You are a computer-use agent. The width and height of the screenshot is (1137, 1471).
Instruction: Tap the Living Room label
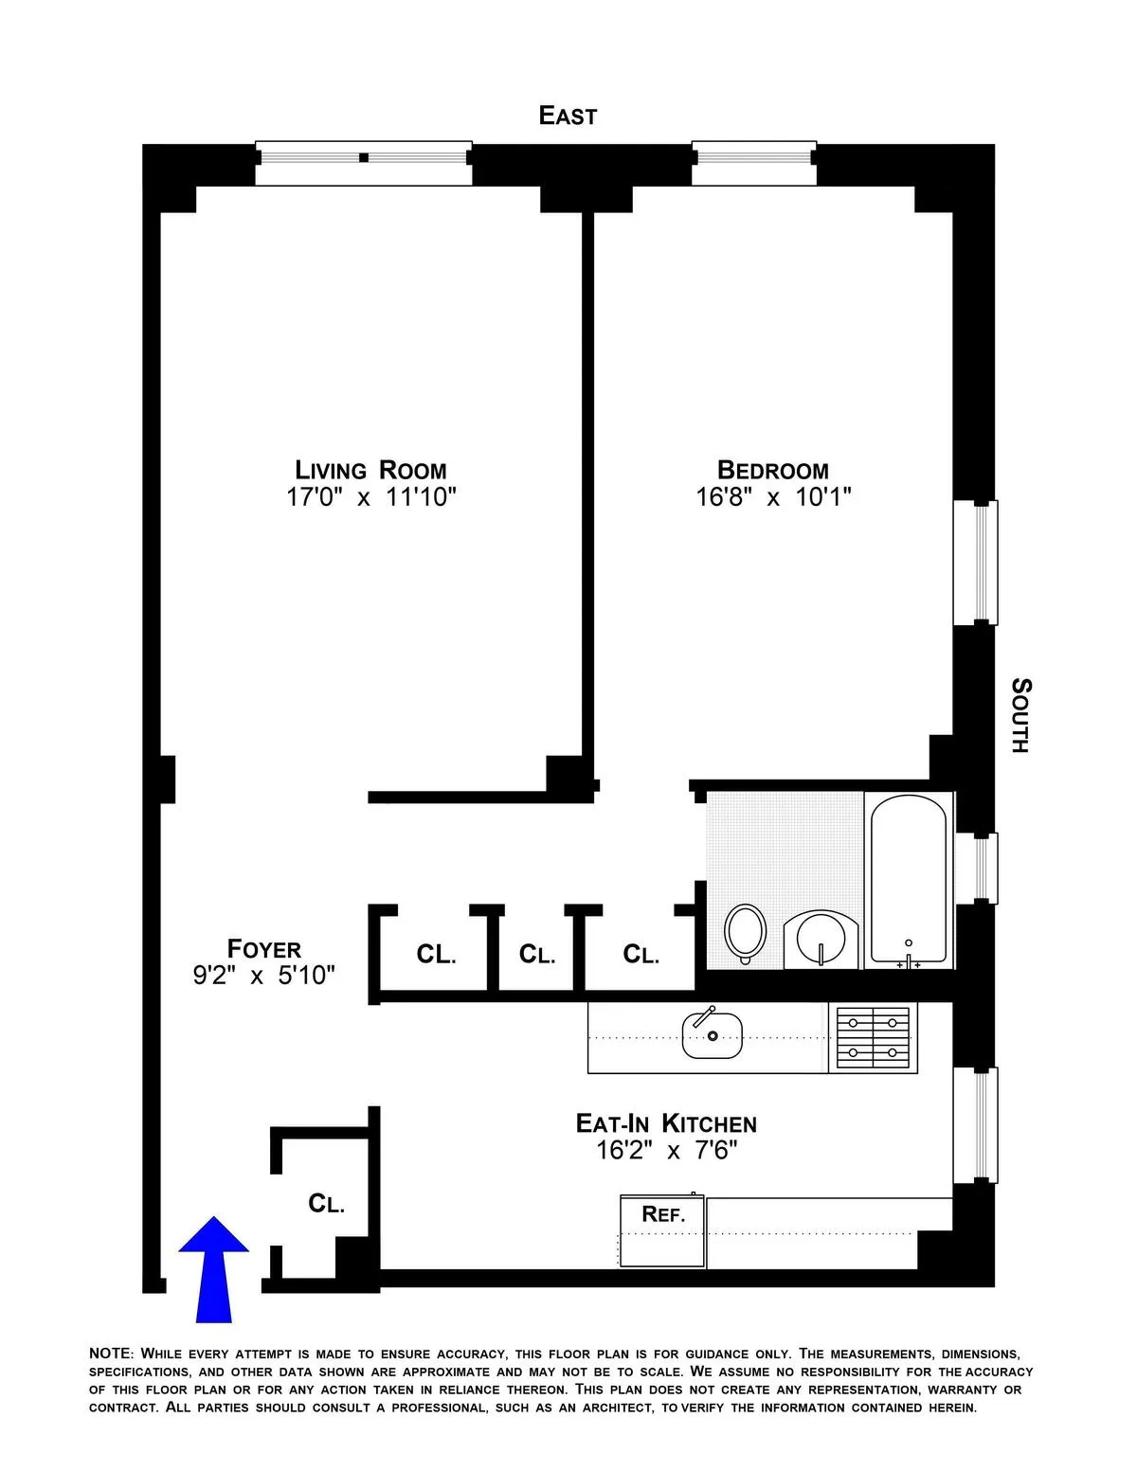[370, 470]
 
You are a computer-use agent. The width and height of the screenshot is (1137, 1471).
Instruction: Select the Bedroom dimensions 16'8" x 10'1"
[774, 497]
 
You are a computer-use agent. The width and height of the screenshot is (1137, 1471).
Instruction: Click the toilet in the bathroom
[746, 933]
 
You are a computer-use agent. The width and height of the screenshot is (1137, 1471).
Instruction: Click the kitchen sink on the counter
[712, 1034]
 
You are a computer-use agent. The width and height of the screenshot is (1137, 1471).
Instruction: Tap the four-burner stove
[873, 1038]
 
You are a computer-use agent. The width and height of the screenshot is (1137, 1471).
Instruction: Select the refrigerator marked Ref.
[662, 1229]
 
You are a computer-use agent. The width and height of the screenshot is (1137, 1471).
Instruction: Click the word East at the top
[568, 116]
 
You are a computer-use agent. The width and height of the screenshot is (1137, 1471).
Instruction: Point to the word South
[1020, 715]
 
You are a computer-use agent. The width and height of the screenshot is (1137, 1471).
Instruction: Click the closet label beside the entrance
[326, 1204]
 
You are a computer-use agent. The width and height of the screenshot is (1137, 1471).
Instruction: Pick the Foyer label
[264, 948]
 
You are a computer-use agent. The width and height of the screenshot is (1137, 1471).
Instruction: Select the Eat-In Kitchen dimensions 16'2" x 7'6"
[666, 1151]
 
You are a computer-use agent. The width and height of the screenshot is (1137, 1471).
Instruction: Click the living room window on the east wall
[364, 163]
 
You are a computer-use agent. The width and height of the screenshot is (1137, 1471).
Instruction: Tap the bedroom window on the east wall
[753, 163]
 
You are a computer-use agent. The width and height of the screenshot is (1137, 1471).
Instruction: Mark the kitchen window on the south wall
[975, 1123]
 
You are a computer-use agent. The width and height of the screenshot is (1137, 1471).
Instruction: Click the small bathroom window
[976, 868]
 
